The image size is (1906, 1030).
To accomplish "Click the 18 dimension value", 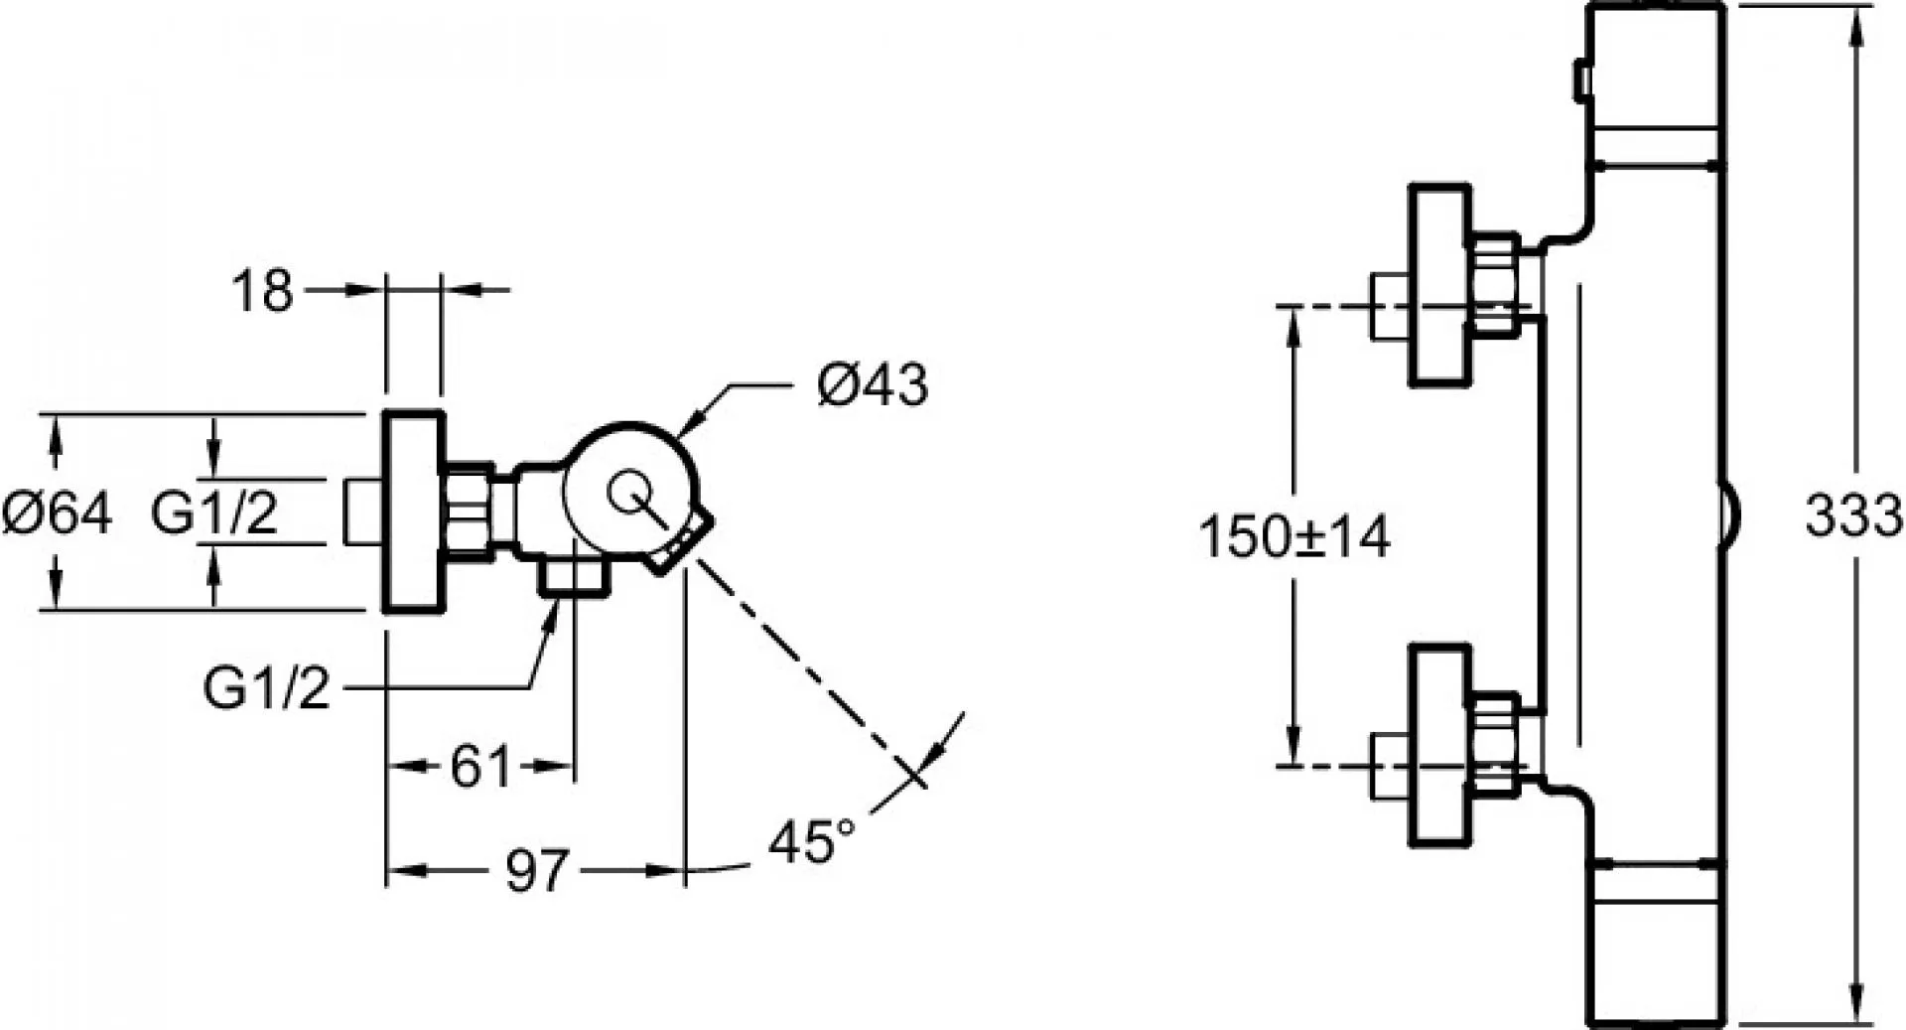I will point(263,291).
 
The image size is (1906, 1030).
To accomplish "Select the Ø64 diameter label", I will point(58,514).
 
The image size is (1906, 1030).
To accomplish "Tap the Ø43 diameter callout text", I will point(873,384).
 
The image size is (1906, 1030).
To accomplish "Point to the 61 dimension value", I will point(480,766).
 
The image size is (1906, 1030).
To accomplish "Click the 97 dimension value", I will point(537,871).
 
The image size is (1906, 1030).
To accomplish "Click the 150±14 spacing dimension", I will point(1294,537).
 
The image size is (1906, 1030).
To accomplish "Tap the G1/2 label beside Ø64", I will point(214,514).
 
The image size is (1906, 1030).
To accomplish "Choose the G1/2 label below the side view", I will point(266,687).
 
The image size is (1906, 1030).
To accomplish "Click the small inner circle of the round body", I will point(627,493).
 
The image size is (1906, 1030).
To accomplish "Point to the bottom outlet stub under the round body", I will point(572,578).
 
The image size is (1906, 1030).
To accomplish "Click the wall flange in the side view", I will point(413,512).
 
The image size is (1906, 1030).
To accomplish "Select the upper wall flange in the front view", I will point(1439,284).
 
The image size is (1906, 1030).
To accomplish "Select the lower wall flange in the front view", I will point(1439,747).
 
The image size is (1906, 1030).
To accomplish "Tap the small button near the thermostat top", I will point(1580,80).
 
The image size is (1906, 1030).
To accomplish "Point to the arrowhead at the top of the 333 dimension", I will point(1853,22).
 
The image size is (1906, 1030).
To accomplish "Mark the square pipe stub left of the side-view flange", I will point(363,512).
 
